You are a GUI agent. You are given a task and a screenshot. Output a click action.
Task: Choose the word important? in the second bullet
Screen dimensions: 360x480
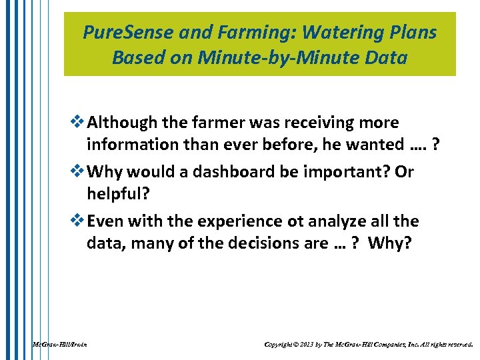click(353, 172)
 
